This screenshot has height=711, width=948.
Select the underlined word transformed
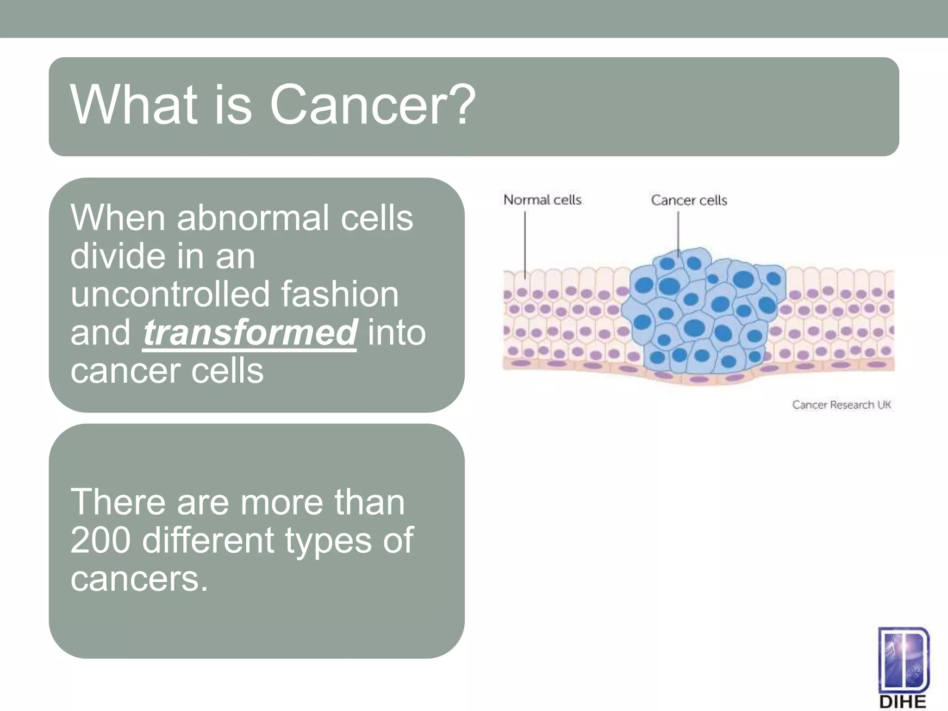[x=250, y=332]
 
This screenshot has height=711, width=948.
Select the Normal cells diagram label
[x=543, y=200]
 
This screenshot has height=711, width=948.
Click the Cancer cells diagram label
[x=689, y=200]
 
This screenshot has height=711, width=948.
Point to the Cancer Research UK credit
[x=841, y=405]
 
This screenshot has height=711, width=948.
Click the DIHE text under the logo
[x=902, y=702]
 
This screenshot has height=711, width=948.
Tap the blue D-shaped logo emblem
[x=903, y=660]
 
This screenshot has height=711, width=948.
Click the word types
[x=328, y=540]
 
